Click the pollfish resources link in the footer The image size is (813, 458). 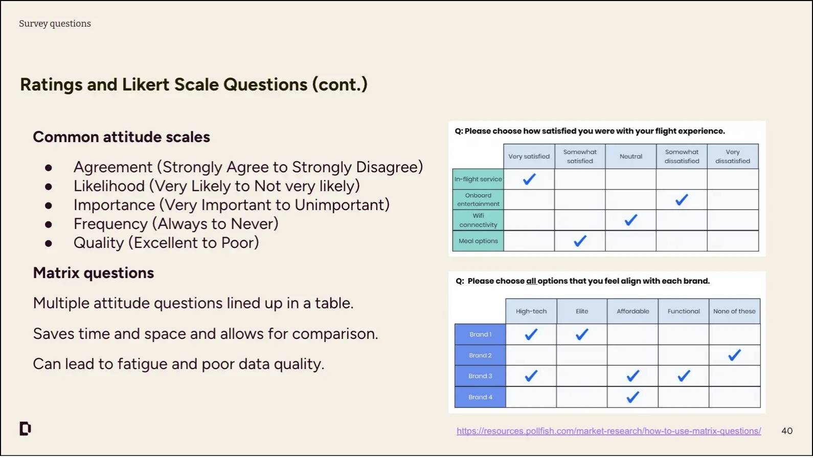608,431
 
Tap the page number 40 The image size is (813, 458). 787,431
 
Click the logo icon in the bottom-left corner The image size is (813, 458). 25,428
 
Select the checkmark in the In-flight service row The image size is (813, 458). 529,179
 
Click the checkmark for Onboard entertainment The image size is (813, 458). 682,200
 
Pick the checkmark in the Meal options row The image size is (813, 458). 580,241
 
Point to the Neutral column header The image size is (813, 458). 630,156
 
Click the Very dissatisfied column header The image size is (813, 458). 732,156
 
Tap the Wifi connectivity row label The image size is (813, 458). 478,220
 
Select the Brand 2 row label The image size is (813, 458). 480,355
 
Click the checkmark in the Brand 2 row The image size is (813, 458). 734,355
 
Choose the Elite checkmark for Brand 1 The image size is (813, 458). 582,334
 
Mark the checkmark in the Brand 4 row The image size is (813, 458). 633,397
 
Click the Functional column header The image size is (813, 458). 683,311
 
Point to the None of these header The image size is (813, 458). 734,311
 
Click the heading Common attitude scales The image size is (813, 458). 121,137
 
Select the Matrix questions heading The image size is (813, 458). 94,273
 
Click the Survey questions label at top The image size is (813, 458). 55,24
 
